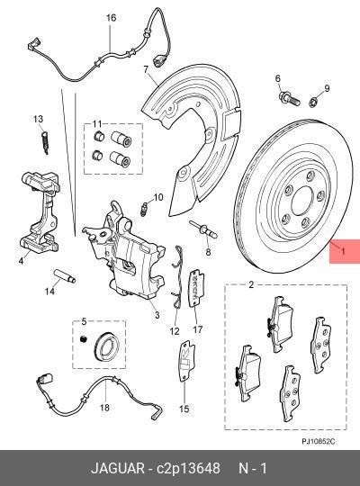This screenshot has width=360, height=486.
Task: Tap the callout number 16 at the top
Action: (x=111, y=18)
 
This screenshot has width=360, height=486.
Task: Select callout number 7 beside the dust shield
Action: (x=145, y=68)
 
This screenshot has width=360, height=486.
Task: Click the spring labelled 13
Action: (x=40, y=140)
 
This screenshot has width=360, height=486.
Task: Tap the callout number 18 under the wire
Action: (x=103, y=408)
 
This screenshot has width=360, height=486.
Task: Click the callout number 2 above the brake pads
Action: (x=251, y=285)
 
